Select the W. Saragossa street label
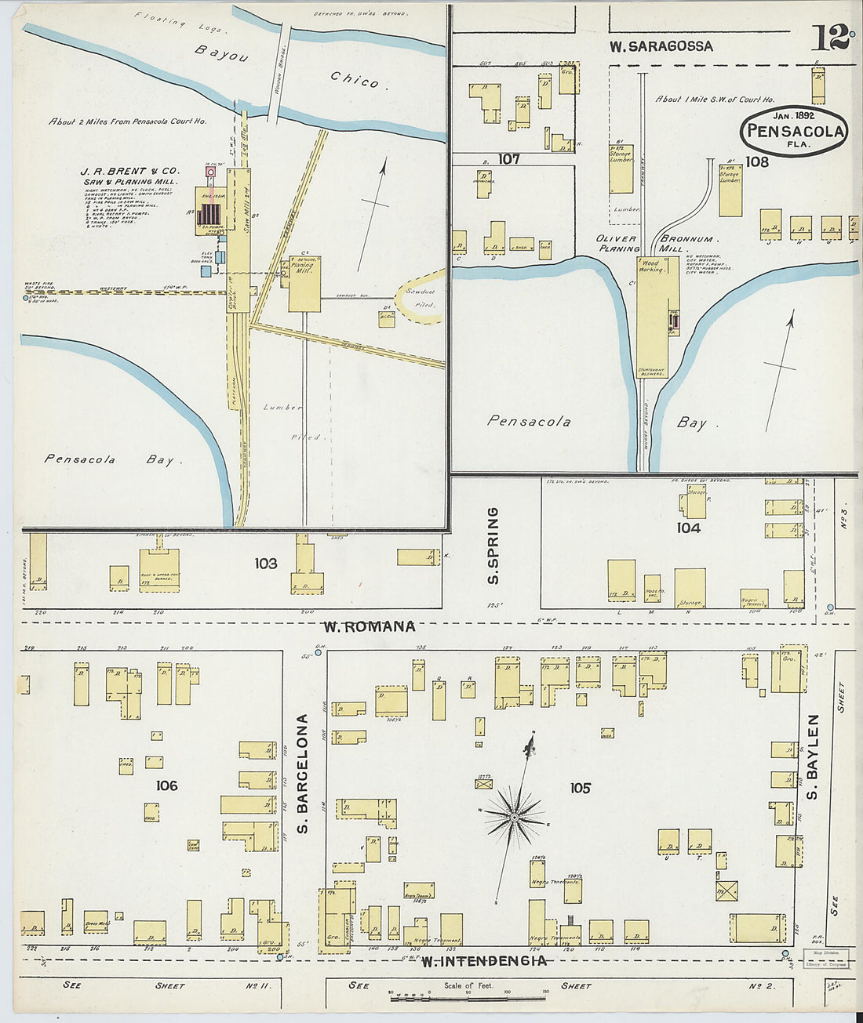click(661, 46)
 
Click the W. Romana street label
click(369, 626)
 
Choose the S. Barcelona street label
click(302, 774)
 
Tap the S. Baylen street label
click(813, 756)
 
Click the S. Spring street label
click(493, 546)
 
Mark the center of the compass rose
click(514, 818)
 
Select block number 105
click(580, 788)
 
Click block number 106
click(166, 785)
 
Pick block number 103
click(265, 563)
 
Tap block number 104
click(688, 528)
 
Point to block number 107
click(508, 159)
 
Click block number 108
click(757, 162)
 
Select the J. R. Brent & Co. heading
click(129, 170)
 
